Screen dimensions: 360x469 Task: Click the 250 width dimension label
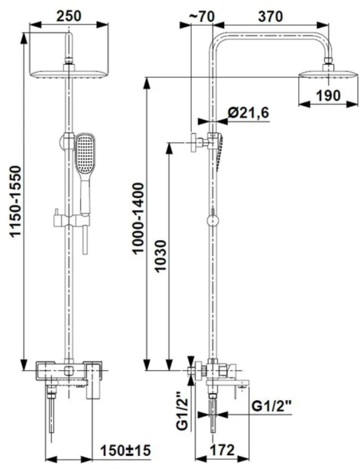click(x=69, y=16)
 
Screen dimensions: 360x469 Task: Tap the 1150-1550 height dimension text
click(x=15, y=202)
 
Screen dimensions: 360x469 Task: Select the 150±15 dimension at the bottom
click(x=125, y=450)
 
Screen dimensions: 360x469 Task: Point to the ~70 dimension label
click(x=201, y=17)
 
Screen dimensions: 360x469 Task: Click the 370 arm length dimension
click(x=270, y=16)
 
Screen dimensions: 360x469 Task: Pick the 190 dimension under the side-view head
click(x=328, y=96)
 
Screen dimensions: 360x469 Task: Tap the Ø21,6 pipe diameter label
click(x=248, y=113)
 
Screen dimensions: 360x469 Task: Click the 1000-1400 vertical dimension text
click(x=138, y=219)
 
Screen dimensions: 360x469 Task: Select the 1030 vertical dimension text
click(x=161, y=256)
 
